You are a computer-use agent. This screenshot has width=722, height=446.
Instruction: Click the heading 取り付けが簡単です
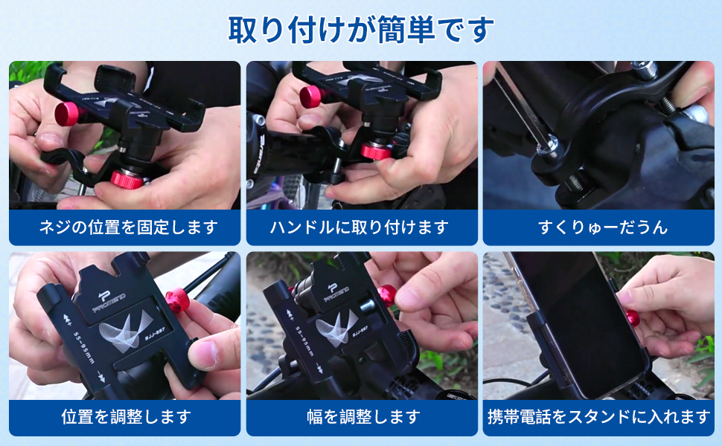coord(360,30)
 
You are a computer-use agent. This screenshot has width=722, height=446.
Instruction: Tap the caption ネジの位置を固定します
coord(124,227)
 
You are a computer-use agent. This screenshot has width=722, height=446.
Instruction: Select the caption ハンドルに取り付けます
coord(362,227)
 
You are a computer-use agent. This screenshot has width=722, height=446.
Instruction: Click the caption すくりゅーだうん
coord(598,227)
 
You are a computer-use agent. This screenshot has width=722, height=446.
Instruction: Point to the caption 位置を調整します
coord(124,417)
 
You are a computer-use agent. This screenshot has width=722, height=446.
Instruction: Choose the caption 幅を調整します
coord(362,417)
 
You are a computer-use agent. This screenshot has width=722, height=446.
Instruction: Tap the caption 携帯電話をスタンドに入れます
coord(598,417)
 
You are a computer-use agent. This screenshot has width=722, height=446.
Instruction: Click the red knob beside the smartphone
coord(633,318)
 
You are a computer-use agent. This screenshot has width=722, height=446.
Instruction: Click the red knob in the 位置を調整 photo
coord(178,300)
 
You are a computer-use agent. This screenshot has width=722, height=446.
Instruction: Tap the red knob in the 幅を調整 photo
coord(387,294)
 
